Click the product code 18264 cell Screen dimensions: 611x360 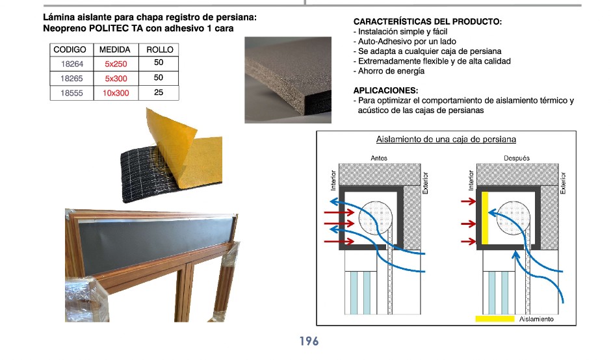pyautogui.click(x=72, y=64)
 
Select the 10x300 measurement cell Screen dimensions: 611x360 pyautogui.click(x=116, y=93)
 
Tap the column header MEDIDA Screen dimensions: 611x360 pyautogui.click(x=114, y=50)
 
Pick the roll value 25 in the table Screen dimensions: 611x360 pyautogui.click(x=159, y=93)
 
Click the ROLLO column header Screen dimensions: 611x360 pyautogui.click(x=160, y=50)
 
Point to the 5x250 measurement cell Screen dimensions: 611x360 pyautogui.click(x=116, y=64)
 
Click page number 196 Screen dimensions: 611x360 pyautogui.click(x=309, y=341)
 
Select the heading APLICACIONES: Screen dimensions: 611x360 pyautogui.click(x=385, y=90)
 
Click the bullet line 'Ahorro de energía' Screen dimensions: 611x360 pyautogui.click(x=389, y=71)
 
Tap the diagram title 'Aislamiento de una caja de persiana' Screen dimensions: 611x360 pyautogui.click(x=446, y=139)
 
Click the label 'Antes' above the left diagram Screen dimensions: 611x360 pyautogui.click(x=379, y=158)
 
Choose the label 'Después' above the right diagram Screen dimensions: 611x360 pyautogui.click(x=517, y=158)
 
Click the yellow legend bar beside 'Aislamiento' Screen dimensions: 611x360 pyautogui.click(x=495, y=318)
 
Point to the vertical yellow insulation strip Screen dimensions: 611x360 pyautogui.click(x=485, y=218)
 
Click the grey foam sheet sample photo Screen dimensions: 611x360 pyautogui.click(x=288, y=80)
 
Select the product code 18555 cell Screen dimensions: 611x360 pyautogui.click(x=72, y=93)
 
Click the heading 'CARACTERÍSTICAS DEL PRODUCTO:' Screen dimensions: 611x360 pyautogui.click(x=428, y=22)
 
